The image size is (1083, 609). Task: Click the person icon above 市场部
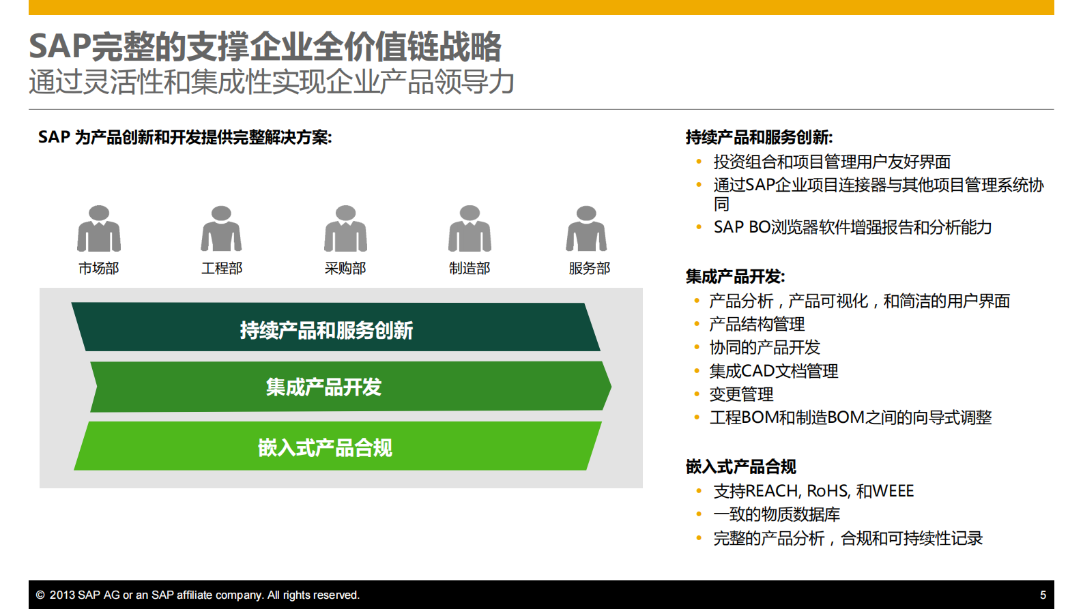point(99,228)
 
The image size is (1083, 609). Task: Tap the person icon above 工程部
point(221,228)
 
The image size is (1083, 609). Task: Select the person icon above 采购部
point(345,228)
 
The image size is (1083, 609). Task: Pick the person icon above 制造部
point(470,228)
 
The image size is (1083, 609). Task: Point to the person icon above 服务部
point(586,228)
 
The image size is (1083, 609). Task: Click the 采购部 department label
point(345,269)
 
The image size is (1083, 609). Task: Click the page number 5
point(1043,595)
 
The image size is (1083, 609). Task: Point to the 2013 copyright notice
point(198,595)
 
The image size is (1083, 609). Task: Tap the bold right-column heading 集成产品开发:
point(735,277)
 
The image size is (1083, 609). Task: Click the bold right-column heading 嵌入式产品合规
point(740,467)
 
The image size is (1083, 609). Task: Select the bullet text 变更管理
point(741,395)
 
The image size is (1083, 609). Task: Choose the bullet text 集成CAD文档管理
point(773,372)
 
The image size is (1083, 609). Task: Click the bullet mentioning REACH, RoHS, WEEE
point(813,491)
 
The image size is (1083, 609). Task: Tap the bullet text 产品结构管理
point(757,325)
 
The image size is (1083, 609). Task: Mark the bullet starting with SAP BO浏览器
point(852,228)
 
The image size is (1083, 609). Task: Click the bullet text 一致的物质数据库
point(777,515)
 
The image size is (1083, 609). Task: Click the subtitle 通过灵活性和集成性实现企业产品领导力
point(272,83)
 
